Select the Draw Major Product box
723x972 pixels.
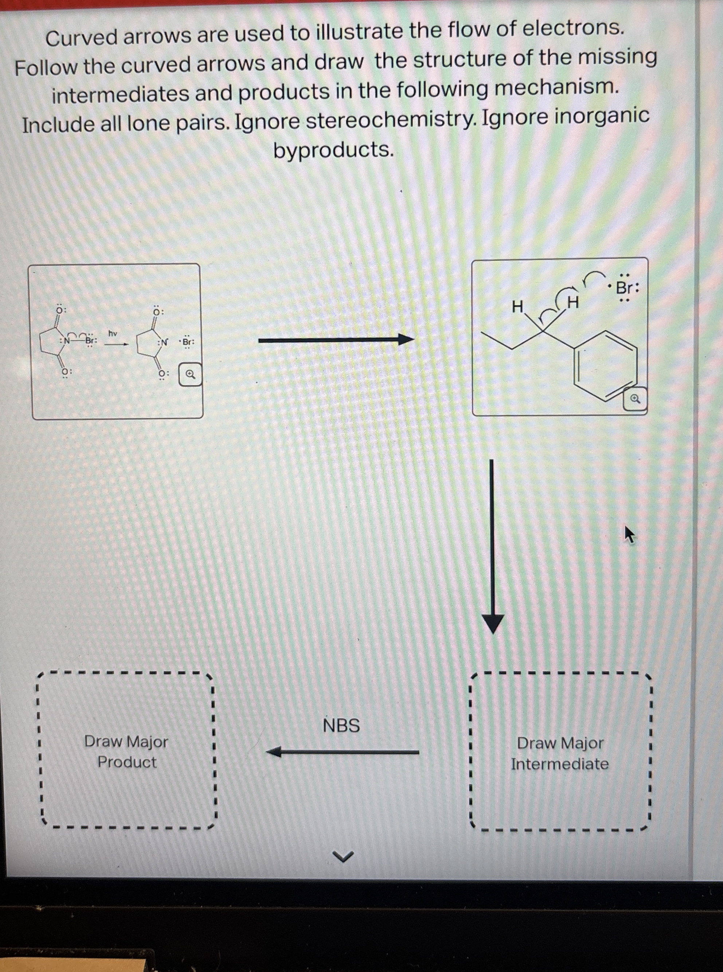coord(126,752)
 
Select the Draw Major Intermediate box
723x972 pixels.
coord(560,753)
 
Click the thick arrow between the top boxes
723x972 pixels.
coord(336,340)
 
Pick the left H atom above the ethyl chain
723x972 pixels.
coord(517,307)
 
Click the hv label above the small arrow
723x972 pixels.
coord(113,333)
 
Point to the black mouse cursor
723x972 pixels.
coord(629,534)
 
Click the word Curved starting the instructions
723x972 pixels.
coord(82,37)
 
